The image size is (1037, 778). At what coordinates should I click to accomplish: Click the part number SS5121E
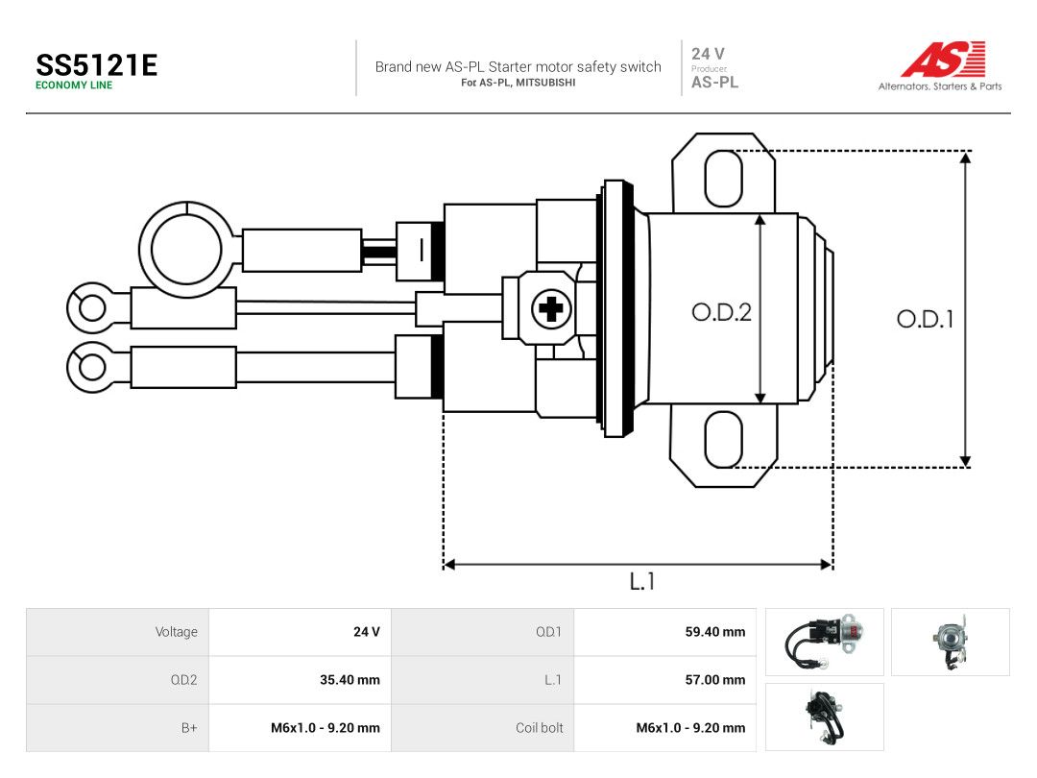[97, 65]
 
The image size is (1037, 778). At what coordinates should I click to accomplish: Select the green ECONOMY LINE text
[74, 85]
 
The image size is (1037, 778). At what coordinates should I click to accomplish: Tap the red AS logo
[944, 60]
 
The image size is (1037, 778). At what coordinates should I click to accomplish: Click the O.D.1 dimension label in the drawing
[925, 320]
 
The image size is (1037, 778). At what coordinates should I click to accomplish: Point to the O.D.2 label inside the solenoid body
[721, 312]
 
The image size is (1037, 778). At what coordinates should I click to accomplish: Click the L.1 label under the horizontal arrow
[641, 581]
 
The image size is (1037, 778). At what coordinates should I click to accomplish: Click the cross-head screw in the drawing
[551, 308]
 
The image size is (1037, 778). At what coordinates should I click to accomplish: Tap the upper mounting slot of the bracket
[724, 179]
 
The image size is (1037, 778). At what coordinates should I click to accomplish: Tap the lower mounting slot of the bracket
[724, 439]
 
